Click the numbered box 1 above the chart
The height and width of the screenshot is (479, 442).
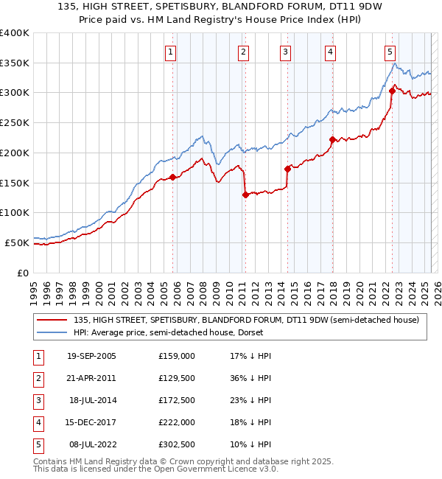click(x=170, y=52)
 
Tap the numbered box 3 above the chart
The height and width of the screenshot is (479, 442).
click(x=284, y=52)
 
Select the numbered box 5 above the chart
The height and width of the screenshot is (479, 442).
click(x=390, y=52)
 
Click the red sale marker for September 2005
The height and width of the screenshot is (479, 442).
click(x=172, y=177)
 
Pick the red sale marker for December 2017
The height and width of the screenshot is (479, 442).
click(x=332, y=139)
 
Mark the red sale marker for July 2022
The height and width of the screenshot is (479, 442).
click(x=392, y=91)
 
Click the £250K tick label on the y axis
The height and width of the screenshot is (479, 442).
click(x=15, y=123)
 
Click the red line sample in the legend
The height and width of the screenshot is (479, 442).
click(x=52, y=320)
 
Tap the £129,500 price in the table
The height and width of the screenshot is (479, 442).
click(x=177, y=378)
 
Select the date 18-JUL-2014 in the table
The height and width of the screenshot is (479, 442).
click(x=93, y=400)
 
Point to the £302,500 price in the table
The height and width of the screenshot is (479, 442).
click(x=177, y=444)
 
